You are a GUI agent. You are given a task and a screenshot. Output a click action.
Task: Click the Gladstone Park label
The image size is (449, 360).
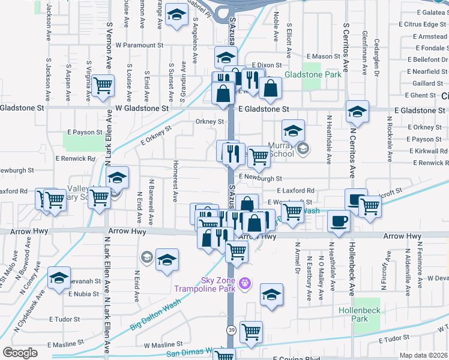point(313,74)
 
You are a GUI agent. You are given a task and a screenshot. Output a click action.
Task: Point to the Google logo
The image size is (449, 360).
point(20,353)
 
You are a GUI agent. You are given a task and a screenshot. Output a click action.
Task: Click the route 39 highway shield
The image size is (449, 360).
point(231,329)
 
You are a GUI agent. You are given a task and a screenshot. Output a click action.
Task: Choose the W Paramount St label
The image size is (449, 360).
point(140,45)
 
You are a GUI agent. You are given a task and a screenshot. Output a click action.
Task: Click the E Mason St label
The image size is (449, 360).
point(321,56)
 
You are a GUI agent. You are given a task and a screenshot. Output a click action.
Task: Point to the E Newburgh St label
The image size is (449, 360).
point(260,178)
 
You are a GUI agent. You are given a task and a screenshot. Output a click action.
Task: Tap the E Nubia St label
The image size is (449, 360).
point(83,294)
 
